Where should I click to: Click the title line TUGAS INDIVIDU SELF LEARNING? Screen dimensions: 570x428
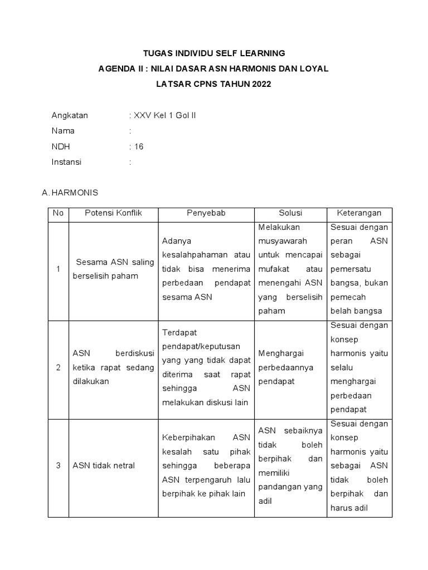coord(214,53)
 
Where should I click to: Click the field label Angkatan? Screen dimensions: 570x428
coord(70,116)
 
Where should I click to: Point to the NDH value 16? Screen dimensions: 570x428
coord(139,147)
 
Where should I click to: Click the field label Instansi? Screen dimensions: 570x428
coord(66,162)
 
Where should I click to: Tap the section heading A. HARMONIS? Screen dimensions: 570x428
coord(70,193)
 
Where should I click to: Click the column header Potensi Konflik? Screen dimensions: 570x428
coord(113,213)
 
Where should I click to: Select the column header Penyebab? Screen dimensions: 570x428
coord(206,213)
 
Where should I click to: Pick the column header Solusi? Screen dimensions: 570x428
coord(290,213)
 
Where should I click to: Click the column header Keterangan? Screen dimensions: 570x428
coord(359,213)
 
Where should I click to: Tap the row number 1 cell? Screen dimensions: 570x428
coord(58,269)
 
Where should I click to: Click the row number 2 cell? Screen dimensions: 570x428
coord(58,367)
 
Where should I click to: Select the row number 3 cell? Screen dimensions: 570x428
coord(58,465)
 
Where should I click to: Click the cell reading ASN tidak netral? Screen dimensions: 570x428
coord(104,465)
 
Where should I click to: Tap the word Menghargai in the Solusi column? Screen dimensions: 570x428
coord(280,353)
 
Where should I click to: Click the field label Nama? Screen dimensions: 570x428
coord(63,131)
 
